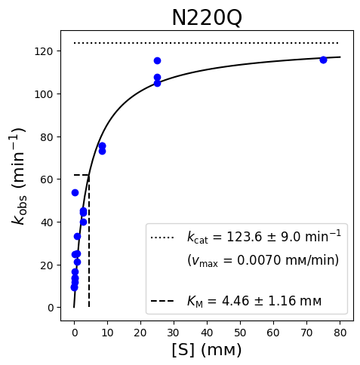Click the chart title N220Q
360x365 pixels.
click(207, 18)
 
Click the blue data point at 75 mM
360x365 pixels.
click(323, 60)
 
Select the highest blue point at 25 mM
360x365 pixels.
click(157, 61)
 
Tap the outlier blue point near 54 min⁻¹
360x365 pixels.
click(75, 193)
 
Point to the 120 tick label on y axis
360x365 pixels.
click(44, 51)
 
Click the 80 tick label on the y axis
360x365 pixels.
click(47, 137)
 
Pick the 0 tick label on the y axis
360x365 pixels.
click(51, 308)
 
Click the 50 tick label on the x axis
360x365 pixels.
click(240, 333)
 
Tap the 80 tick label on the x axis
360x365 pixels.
click(340, 333)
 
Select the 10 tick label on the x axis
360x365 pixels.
click(107, 333)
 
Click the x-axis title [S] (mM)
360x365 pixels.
click(207, 350)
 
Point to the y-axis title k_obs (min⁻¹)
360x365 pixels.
click(19, 176)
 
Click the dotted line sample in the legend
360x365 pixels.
click(162, 238)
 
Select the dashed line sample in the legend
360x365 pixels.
click(162, 301)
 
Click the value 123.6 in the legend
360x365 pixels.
click(245, 237)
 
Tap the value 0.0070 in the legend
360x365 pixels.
click(259, 260)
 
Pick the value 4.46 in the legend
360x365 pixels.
click(235, 301)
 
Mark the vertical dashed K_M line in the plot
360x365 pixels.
click(89, 241)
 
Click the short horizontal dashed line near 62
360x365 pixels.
click(82, 175)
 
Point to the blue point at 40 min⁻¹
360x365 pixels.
click(83, 222)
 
